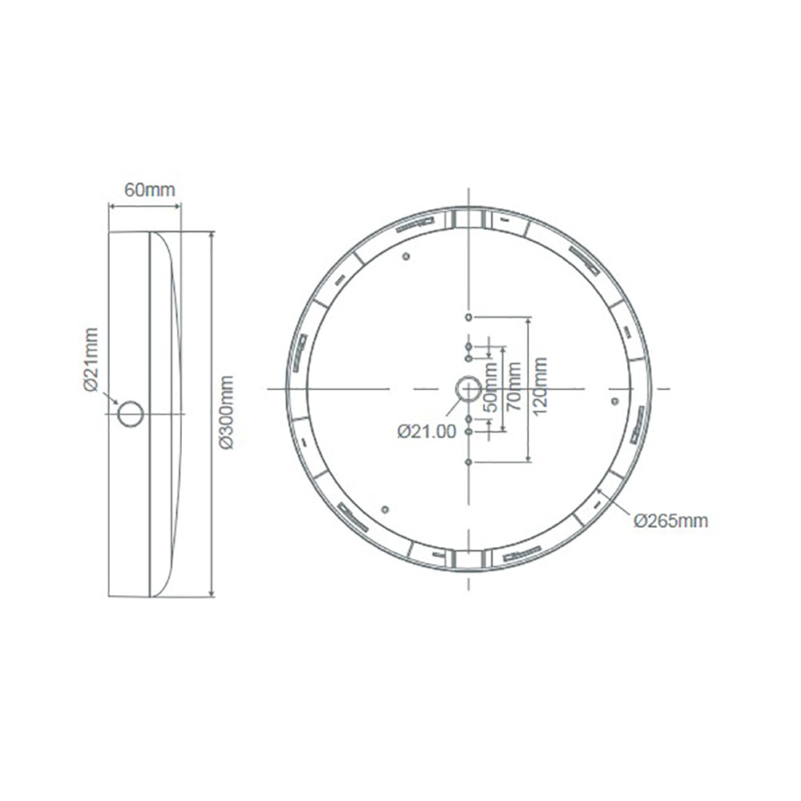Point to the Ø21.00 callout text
(x=426, y=431)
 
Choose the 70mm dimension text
(x=513, y=387)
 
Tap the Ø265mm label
(x=670, y=521)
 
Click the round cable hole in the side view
(x=131, y=413)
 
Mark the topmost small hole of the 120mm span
(x=469, y=318)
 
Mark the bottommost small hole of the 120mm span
(x=469, y=461)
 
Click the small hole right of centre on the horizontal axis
(x=614, y=400)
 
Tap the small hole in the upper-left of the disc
(x=405, y=257)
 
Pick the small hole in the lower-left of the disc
(x=385, y=509)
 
